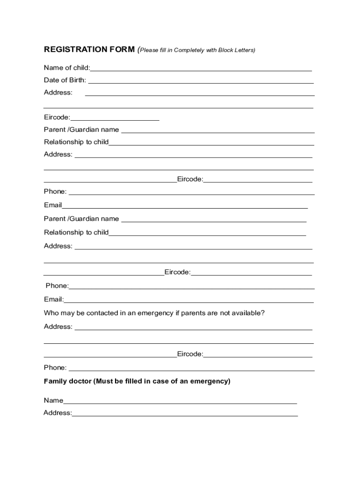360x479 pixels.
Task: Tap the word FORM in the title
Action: [123, 50]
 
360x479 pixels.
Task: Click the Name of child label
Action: [67, 68]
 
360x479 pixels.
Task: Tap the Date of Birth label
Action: [65, 80]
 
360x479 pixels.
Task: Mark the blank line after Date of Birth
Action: [201, 82]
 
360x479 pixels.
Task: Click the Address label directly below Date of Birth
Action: [58, 92]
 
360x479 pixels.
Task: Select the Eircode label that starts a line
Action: [57, 117]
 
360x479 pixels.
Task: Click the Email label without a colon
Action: [53, 205]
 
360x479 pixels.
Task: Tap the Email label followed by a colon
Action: [54, 299]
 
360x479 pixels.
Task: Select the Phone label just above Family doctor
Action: [55, 368]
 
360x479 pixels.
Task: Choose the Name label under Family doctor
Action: [53, 400]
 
